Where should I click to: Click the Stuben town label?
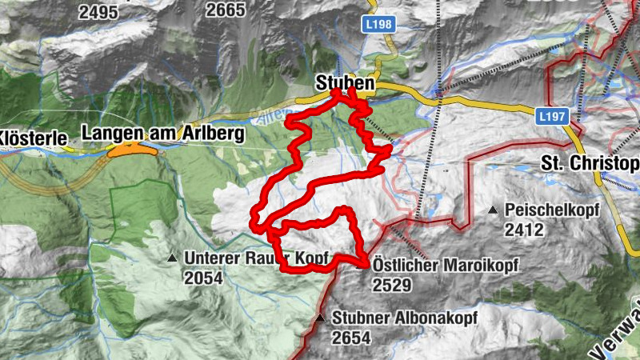click(x=344, y=82)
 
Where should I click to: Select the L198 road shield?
click(x=382, y=25)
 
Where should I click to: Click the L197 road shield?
click(x=552, y=117)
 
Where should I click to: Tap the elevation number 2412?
click(x=524, y=230)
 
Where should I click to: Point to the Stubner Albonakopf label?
click(x=405, y=318)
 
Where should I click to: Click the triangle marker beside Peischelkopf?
click(x=493, y=210)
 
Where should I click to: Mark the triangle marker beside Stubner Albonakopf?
click(x=320, y=318)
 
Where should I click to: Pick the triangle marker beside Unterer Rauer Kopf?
click(x=171, y=258)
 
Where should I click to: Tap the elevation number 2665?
click(x=225, y=10)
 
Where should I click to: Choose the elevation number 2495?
click(x=99, y=11)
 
